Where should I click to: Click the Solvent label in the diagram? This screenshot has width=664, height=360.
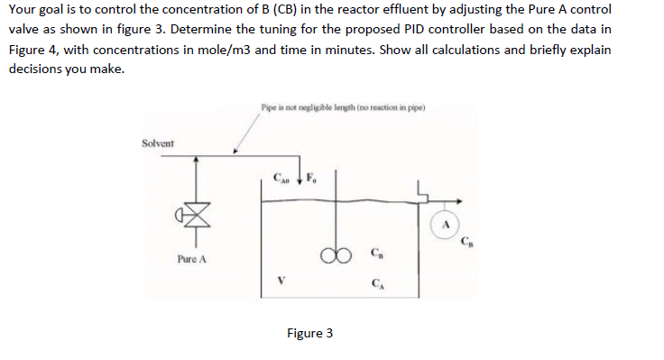click(x=158, y=143)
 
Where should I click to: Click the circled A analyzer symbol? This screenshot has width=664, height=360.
click(x=446, y=223)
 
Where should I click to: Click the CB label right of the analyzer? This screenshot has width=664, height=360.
click(x=467, y=241)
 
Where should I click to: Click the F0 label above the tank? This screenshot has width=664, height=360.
click(x=312, y=177)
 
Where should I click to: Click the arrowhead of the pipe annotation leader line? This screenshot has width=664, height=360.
click(x=236, y=150)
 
